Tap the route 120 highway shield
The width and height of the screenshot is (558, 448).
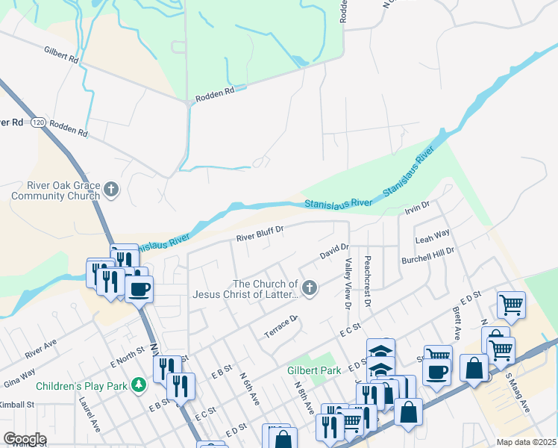(38, 121)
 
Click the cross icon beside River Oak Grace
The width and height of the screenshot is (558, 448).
(111, 189)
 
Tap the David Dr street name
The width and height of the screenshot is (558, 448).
(334, 252)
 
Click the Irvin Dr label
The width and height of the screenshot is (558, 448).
(418, 205)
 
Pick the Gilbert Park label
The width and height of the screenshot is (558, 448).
(315, 370)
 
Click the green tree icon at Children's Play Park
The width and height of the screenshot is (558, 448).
(137, 385)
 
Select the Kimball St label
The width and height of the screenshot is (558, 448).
(18, 404)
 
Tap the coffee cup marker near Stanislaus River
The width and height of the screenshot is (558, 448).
(138, 287)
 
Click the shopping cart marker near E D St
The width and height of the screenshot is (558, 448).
(512, 303)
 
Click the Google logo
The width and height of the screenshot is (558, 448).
(25, 439)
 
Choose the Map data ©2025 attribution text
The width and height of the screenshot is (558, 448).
(526, 442)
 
